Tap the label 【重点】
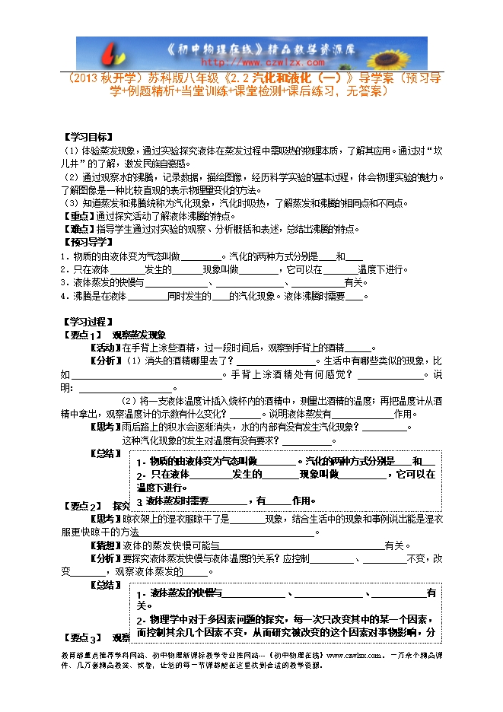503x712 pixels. click(78, 216)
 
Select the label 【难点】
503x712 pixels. click(78, 229)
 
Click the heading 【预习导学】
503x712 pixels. click(84, 242)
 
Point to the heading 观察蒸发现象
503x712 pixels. click(138, 335)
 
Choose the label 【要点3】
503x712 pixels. click(81, 638)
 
